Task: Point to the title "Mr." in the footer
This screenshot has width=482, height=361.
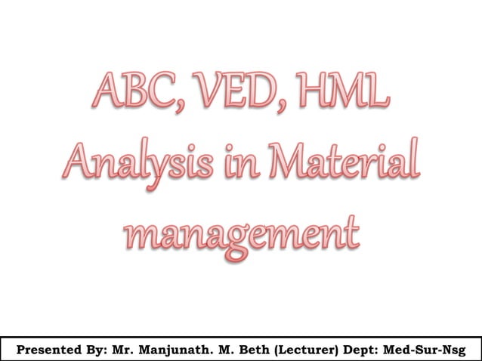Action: pos(122,350)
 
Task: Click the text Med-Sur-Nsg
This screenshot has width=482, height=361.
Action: pos(428,350)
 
